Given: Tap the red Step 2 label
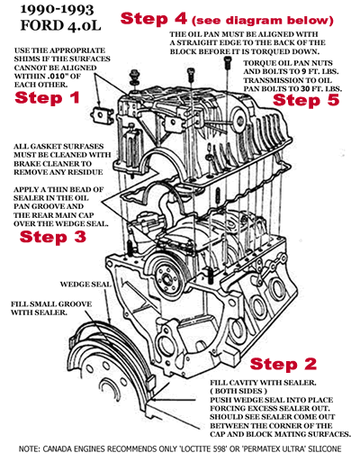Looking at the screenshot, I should [x=284, y=364].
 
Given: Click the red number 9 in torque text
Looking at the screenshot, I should [x=304, y=76].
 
